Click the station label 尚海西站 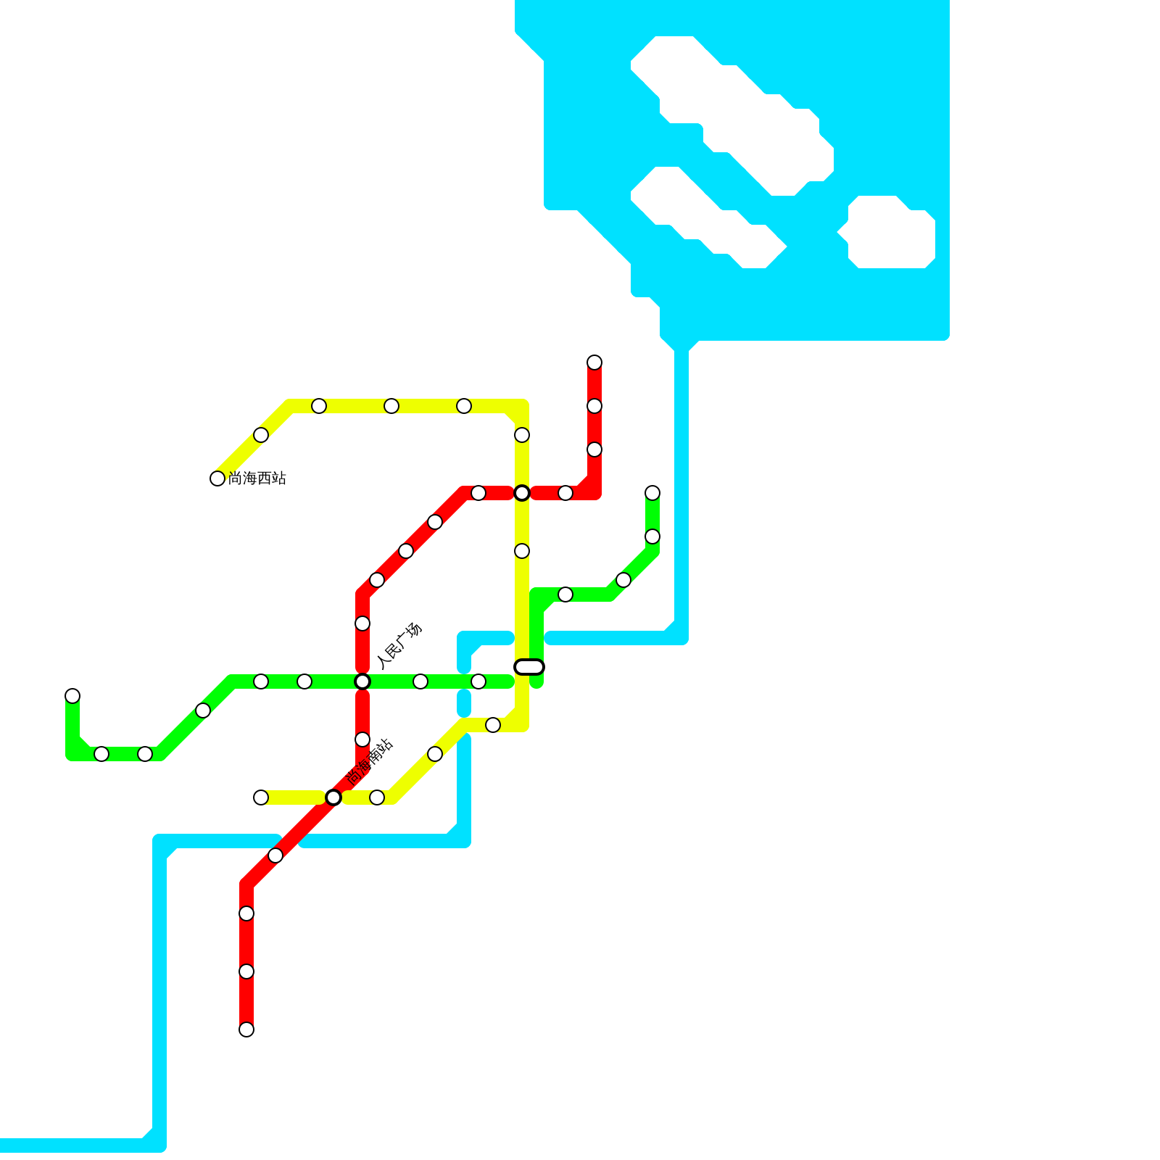257,478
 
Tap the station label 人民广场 399,646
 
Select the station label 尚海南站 370,763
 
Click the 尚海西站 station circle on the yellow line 217,478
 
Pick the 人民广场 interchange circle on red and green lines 362,681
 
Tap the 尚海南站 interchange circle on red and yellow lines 333,797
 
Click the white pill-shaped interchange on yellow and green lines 529,667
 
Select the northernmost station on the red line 594,362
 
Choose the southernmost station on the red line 246,1029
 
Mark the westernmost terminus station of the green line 72,696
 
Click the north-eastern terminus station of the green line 652,493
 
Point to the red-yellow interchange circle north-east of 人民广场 522,493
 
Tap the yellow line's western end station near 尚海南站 261,797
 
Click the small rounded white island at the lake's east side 892,232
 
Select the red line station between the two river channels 275,855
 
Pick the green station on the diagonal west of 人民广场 203,710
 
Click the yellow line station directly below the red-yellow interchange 522,551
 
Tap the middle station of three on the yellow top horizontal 391,406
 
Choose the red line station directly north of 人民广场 362,623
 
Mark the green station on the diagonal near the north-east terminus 623,580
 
